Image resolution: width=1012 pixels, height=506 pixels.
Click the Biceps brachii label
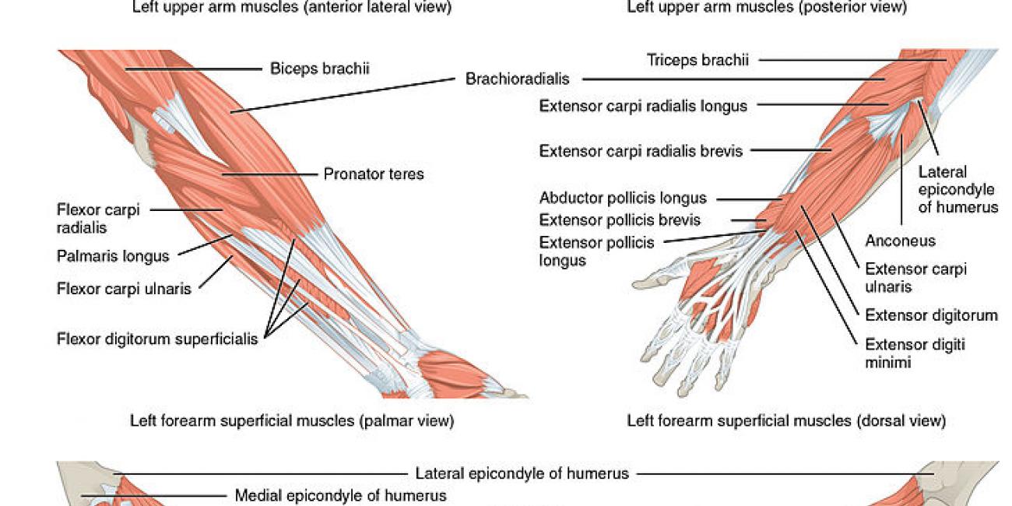(x=319, y=69)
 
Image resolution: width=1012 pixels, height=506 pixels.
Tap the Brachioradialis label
(x=517, y=79)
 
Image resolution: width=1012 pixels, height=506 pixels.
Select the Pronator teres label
(x=374, y=174)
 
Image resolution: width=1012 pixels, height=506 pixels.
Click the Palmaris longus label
(x=113, y=256)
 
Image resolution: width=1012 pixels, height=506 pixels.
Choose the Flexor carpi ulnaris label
(x=124, y=289)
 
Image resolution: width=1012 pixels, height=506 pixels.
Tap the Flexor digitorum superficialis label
(x=157, y=339)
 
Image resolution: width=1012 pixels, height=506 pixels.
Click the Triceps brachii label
(x=698, y=60)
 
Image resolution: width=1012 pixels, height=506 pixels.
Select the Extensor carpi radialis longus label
(x=643, y=106)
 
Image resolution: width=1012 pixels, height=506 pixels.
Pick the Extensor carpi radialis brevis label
(x=641, y=150)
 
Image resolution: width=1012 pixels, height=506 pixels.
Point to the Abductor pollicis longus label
(x=623, y=198)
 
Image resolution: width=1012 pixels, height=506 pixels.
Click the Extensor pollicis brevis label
(x=620, y=220)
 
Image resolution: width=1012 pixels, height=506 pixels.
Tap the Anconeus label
(x=900, y=241)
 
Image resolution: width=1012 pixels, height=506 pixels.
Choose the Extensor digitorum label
(x=931, y=315)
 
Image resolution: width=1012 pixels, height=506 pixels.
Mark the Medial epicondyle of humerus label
(x=340, y=495)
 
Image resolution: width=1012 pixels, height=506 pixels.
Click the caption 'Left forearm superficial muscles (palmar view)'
(x=291, y=421)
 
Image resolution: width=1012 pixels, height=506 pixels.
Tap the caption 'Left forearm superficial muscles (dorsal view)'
(x=786, y=421)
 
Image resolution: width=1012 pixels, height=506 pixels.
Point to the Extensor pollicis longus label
(x=596, y=251)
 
